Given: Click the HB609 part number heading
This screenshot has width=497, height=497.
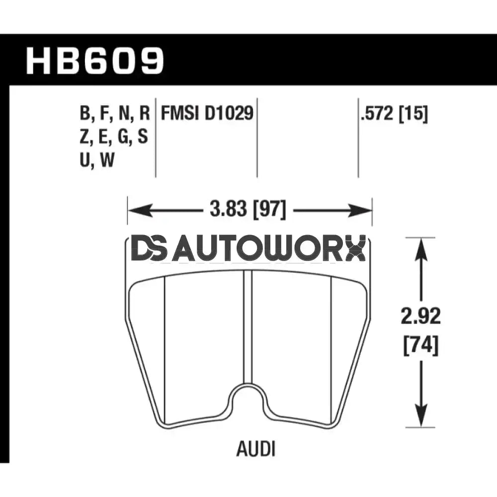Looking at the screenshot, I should [94, 60].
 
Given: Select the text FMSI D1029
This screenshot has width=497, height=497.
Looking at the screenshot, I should [206, 114].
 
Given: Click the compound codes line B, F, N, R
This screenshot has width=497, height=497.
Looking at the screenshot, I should [114, 114].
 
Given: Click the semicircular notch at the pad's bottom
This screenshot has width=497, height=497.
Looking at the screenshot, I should [248, 398].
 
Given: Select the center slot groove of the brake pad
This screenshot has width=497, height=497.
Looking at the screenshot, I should [248, 328].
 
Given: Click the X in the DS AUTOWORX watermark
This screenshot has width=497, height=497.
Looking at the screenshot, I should [354, 248].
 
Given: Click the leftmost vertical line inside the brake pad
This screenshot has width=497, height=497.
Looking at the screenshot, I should [165, 348].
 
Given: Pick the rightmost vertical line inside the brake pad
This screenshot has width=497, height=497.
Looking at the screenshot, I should [331, 348].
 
